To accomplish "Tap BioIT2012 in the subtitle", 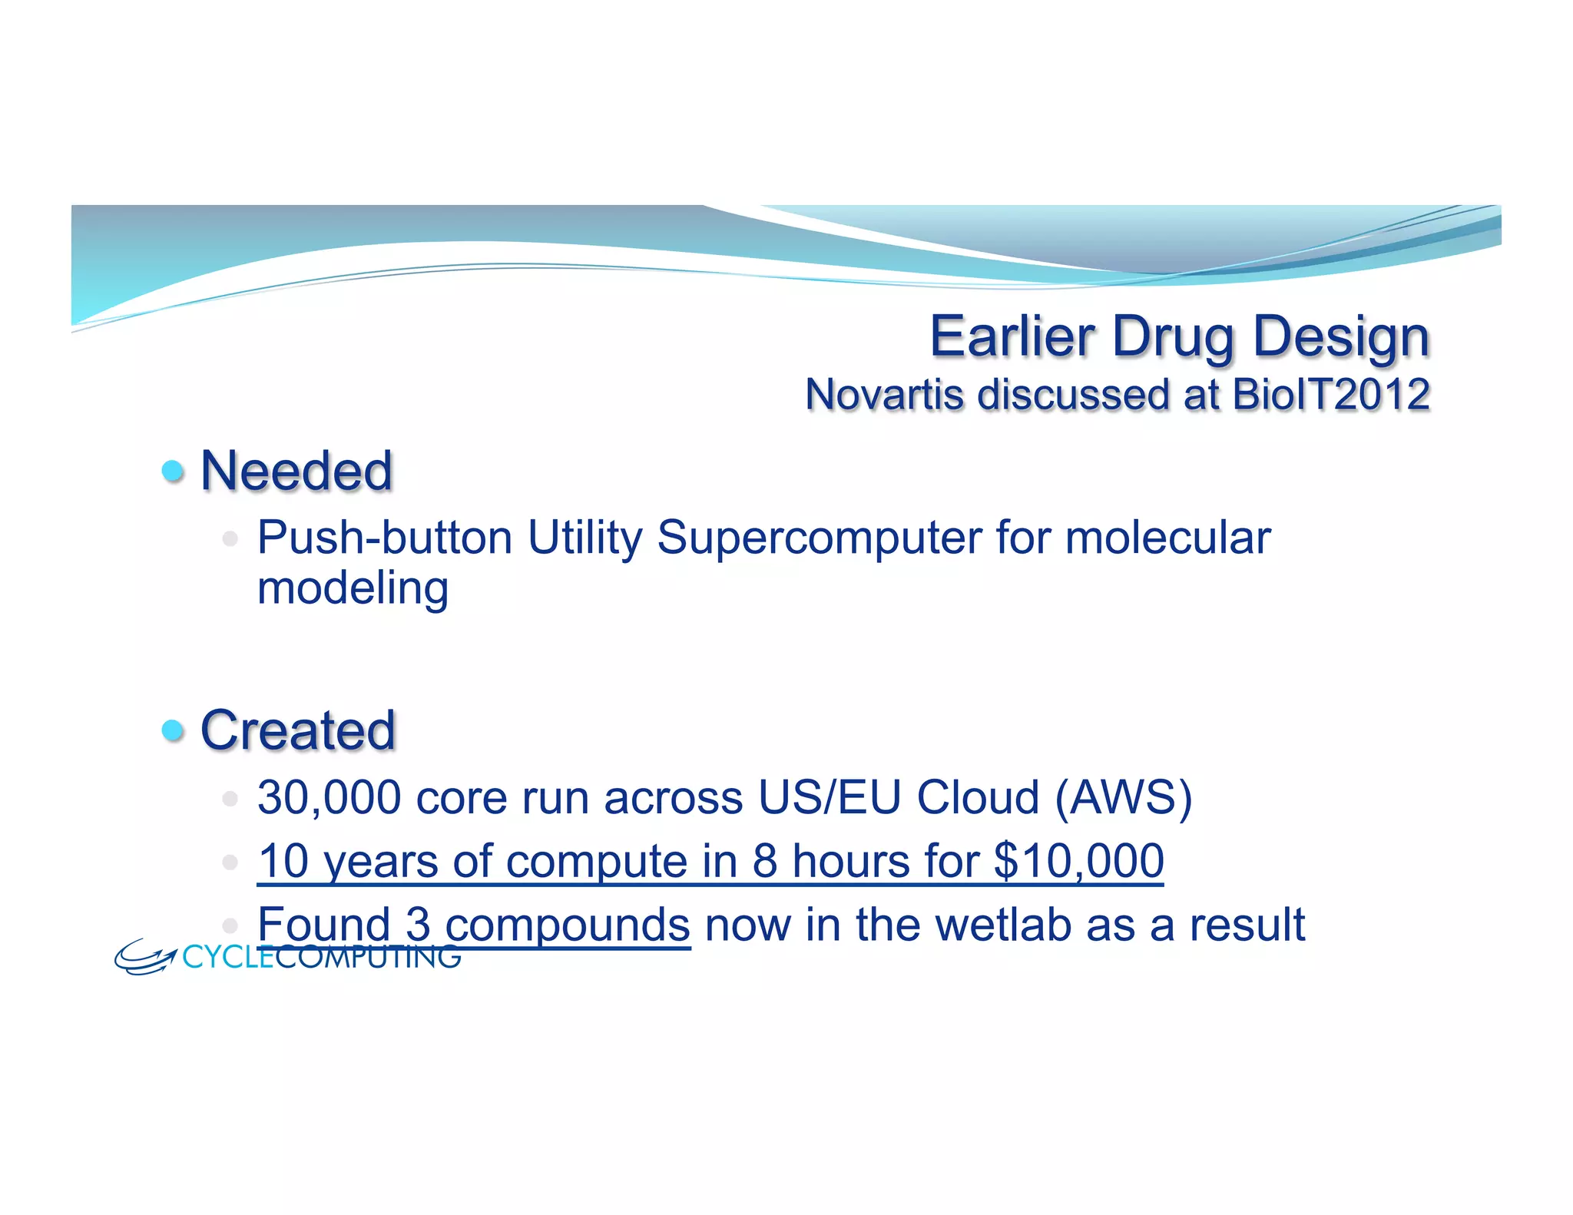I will point(1330,395).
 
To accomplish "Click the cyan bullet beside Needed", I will point(174,470).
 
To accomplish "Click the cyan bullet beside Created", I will point(174,730).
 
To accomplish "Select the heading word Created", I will point(298,730).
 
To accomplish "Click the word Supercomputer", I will point(819,537).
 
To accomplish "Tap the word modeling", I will point(353,588).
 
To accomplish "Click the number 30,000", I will point(329,797).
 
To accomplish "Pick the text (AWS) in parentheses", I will point(1123,797).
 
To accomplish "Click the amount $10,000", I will point(1078,861).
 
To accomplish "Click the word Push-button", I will point(384,537).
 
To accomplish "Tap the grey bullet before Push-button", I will point(230,538).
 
